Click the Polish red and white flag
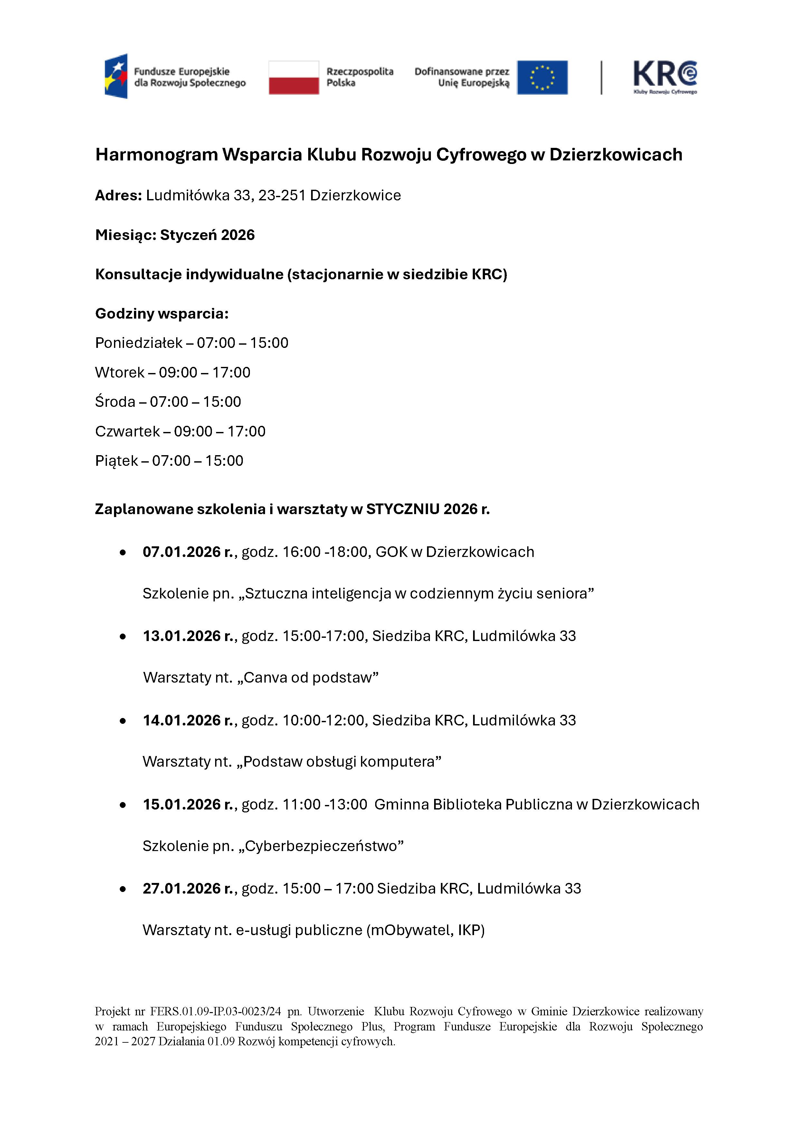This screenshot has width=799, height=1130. click(x=294, y=77)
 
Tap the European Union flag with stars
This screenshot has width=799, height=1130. click(x=542, y=77)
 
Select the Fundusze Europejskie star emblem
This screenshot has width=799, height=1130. click(x=116, y=76)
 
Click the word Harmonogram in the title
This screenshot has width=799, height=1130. click(x=157, y=155)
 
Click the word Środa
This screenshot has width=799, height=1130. click(x=115, y=402)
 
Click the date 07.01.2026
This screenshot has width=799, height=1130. click(x=182, y=552)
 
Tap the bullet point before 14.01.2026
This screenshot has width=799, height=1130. click(x=123, y=721)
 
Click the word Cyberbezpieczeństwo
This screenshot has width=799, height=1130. click(x=321, y=846)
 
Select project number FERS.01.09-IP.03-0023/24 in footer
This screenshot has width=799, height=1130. click(x=215, y=1011)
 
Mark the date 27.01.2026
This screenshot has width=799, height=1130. click(x=182, y=888)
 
